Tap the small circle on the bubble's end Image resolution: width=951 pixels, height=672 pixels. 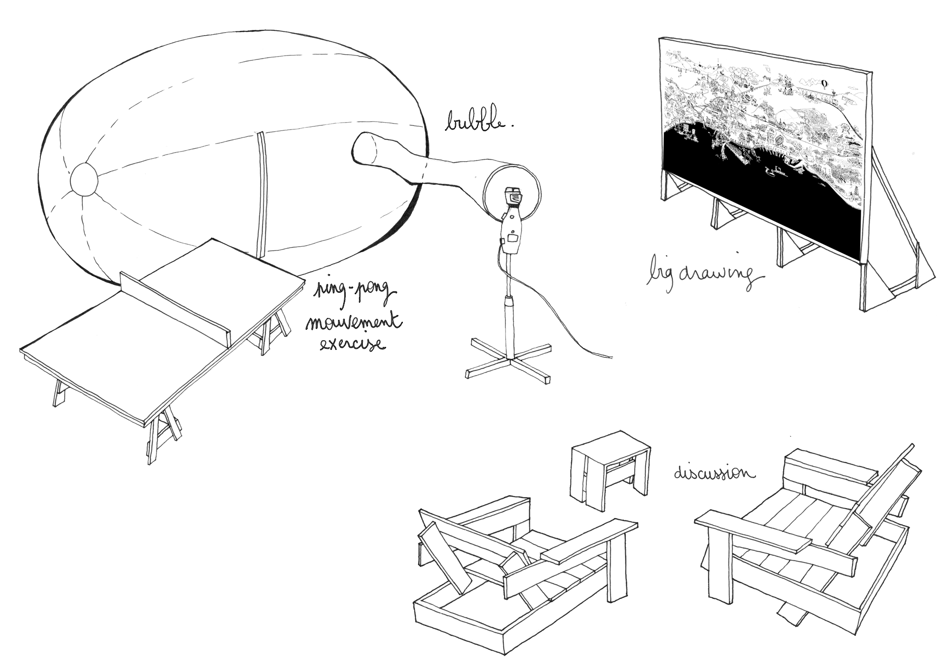click(x=84, y=180)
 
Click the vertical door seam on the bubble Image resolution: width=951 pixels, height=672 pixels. click(x=260, y=195)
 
